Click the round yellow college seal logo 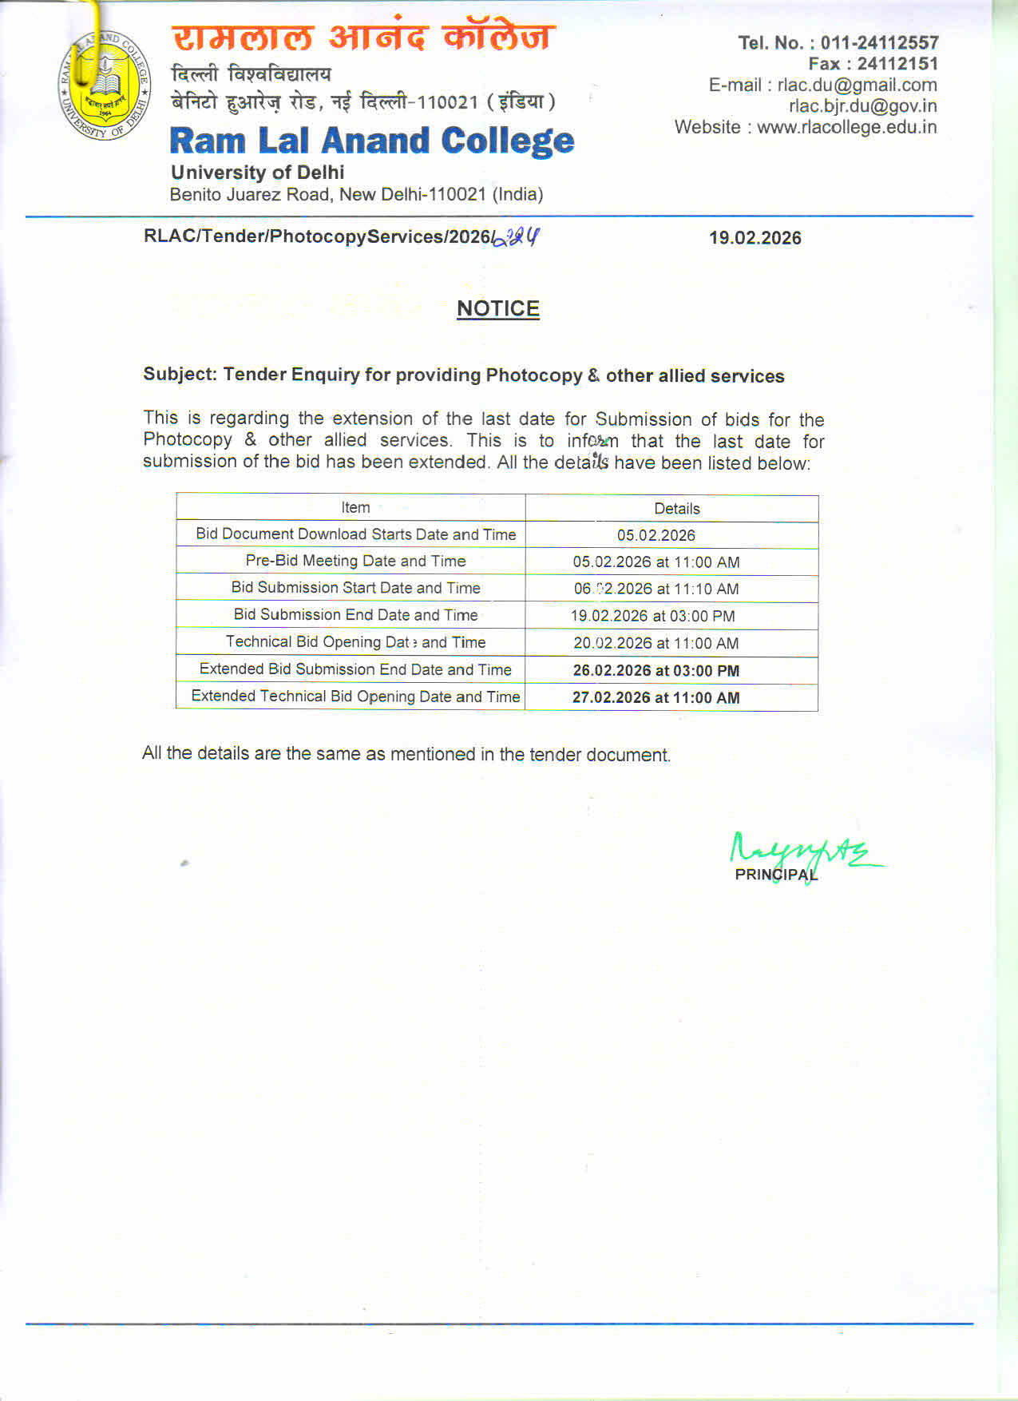pyautogui.click(x=105, y=86)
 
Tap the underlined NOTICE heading pyautogui.click(x=497, y=308)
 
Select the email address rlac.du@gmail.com pyautogui.click(x=857, y=85)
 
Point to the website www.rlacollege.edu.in pyautogui.click(x=846, y=127)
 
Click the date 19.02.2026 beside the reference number pyautogui.click(x=755, y=238)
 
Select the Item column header pyautogui.click(x=355, y=507)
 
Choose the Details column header pyautogui.click(x=676, y=509)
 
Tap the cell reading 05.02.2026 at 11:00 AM pyautogui.click(x=656, y=562)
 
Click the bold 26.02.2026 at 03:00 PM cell pyautogui.click(x=656, y=671)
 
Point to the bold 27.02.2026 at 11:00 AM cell pyautogui.click(x=656, y=698)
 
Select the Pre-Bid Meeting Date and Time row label pyautogui.click(x=355, y=561)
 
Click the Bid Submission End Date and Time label pyautogui.click(x=355, y=615)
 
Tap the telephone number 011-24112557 pyautogui.click(x=879, y=42)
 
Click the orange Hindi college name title pyautogui.click(x=363, y=38)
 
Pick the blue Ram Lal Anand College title pyautogui.click(x=371, y=141)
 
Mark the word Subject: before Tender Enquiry pyautogui.click(x=180, y=374)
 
